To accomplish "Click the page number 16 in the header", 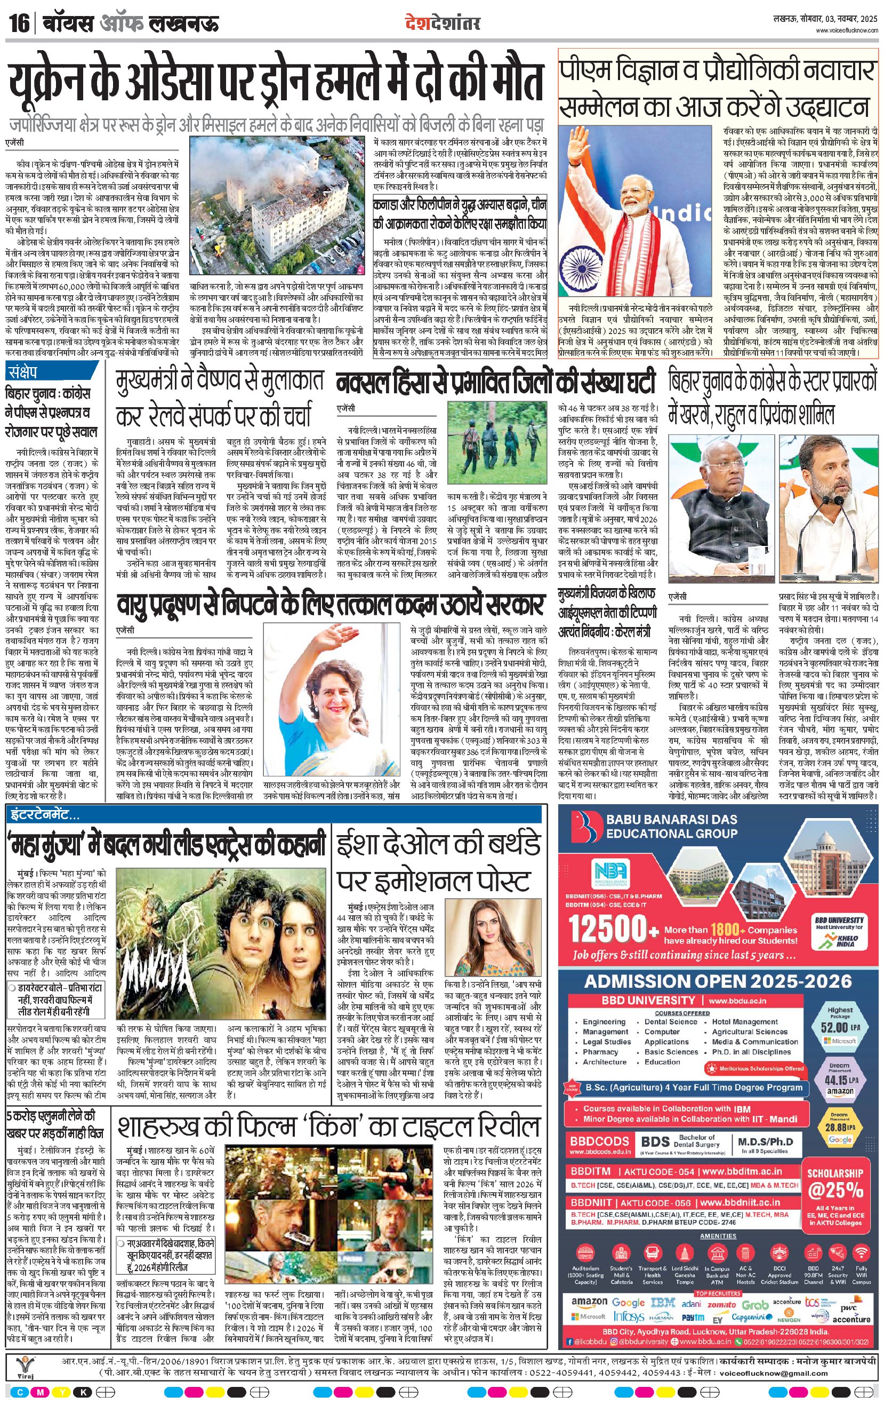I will click(19, 25).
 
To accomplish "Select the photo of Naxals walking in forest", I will click(496, 447).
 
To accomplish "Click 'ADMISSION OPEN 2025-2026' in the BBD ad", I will click(718, 981).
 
